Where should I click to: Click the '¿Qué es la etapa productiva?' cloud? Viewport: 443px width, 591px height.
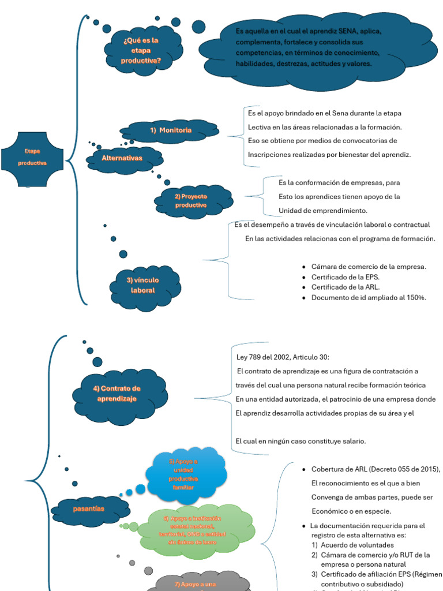[x=141, y=51]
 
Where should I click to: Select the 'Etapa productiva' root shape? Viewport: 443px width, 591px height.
[x=32, y=157]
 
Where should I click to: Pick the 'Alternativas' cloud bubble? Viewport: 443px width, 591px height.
[x=122, y=158]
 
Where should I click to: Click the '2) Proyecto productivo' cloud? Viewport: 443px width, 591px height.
[x=192, y=201]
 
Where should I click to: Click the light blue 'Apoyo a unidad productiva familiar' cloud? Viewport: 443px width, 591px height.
[x=183, y=474]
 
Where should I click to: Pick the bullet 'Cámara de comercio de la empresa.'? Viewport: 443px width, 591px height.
[x=369, y=267]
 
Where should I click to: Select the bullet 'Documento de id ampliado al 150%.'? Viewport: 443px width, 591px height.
[x=369, y=298]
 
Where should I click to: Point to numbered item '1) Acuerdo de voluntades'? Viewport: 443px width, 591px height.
[x=353, y=545]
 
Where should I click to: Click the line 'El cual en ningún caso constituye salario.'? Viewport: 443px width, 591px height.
[x=301, y=441]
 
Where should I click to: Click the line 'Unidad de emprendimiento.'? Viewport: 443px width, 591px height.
[x=323, y=211]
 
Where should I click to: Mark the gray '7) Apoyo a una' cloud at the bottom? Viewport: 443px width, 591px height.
[x=196, y=583]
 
